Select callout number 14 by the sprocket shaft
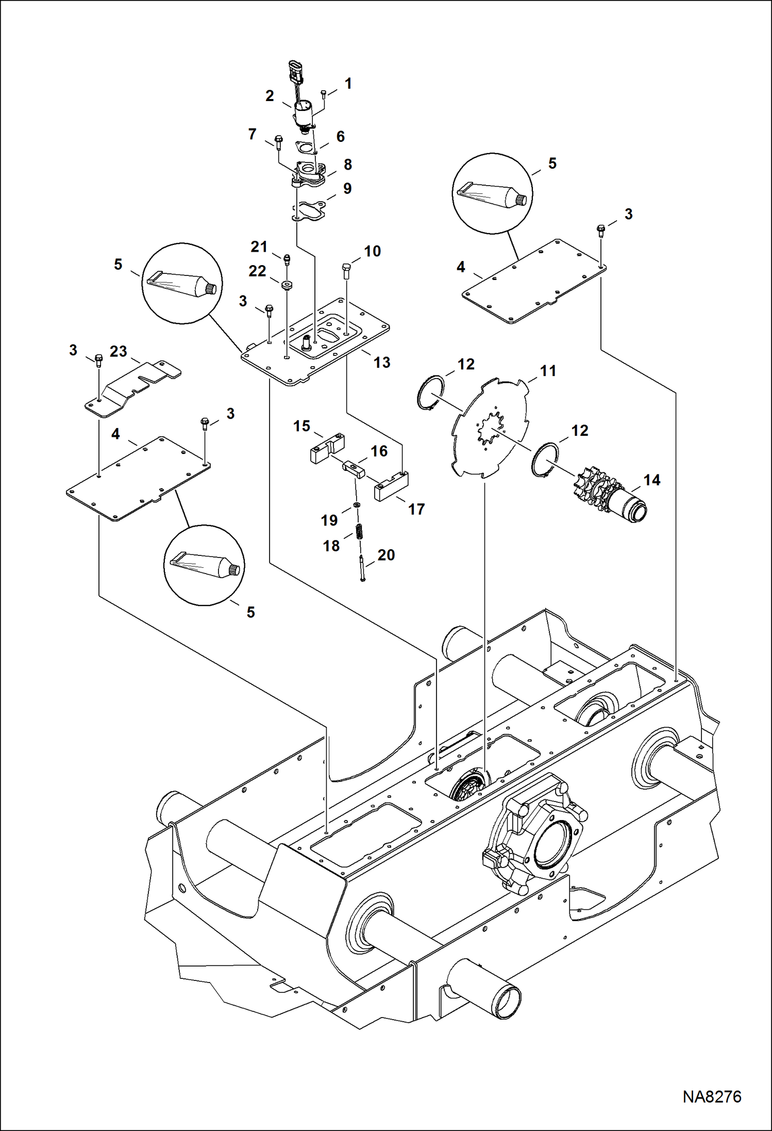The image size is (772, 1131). [x=651, y=480]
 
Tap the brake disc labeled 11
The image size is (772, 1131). [x=490, y=428]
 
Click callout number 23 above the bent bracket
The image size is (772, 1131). [x=118, y=351]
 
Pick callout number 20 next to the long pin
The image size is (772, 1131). [x=385, y=555]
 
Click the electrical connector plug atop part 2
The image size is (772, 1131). [x=294, y=72]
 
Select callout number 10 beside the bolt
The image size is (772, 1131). [x=372, y=251]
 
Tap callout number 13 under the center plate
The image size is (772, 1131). [x=381, y=363]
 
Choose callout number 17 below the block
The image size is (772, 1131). [x=416, y=509]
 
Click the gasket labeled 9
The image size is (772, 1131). [x=309, y=211]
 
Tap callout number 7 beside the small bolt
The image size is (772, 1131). [x=252, y=135]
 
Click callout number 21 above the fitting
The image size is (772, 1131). [x=259, y=247]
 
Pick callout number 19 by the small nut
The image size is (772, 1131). [x=329, y=520]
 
